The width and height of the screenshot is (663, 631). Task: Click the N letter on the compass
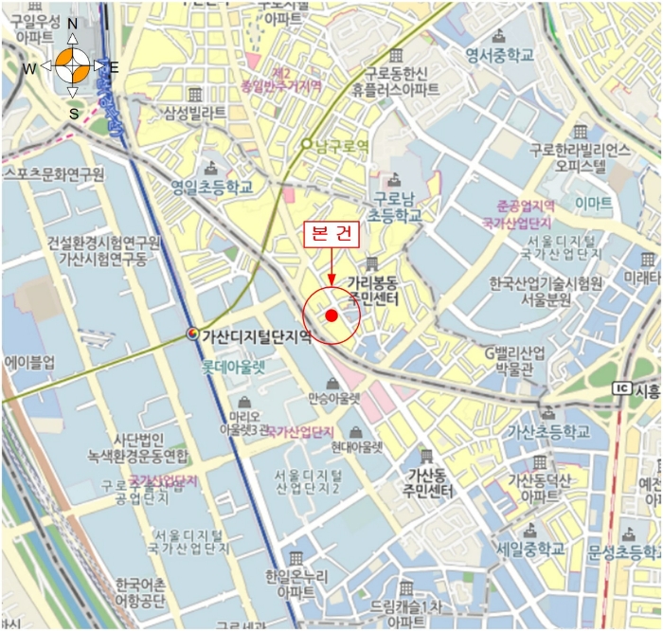coord(72,25)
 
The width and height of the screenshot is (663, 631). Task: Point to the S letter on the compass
coord(73,113)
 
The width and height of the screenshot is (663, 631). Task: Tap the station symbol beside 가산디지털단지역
coord(193,334)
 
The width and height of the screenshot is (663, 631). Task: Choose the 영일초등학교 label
coord(214,188)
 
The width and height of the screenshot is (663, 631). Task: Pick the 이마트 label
coord(593,203)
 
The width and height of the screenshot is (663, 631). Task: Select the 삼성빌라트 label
coord(194,113)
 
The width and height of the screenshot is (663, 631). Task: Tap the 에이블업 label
coord(30,362)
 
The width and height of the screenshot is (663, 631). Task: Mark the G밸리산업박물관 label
coord(515,361)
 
